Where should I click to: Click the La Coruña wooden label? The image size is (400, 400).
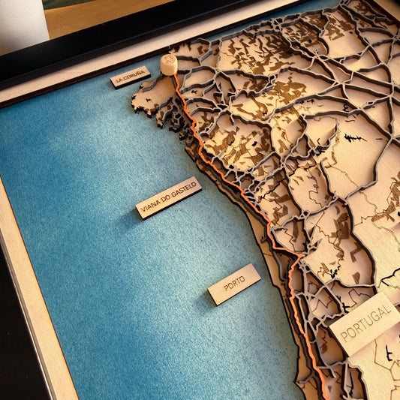[x=130, y=77]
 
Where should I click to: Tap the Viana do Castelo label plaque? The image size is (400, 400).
[x=169, y=197]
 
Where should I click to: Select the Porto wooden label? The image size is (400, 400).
[x=234, y=284]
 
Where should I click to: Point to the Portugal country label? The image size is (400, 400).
[x=365, y=323]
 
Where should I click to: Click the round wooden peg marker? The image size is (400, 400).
[x=169, y=65]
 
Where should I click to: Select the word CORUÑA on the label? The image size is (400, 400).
[x=135, y=74]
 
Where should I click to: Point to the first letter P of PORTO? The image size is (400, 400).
[x=225, y=288]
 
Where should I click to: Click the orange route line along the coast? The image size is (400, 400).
[x=225, y=173]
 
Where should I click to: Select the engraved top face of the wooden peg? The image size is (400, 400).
[x=169, y=59]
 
